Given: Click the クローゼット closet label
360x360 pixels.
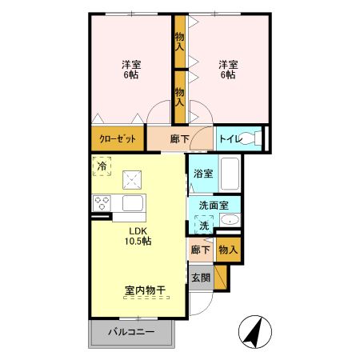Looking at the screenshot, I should (x=117, y=138).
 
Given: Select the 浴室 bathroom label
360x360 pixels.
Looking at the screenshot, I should (x=202, y=173).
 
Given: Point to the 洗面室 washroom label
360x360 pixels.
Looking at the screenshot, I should (x=214, y=205).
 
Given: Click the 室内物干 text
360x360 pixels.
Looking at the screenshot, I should (x=144, y=291).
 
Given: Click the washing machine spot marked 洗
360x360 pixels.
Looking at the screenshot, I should (x=204, y=226).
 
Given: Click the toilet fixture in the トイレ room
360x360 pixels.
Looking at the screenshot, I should (x=256, y=138).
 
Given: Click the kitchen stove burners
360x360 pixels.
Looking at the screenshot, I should (x=102, y=202).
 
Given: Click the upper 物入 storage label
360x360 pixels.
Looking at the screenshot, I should (x=180, y=41).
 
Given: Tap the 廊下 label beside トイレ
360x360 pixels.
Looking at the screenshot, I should (x=180, y=138).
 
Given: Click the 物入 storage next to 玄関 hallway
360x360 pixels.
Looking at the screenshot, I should (x=227, y=250).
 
